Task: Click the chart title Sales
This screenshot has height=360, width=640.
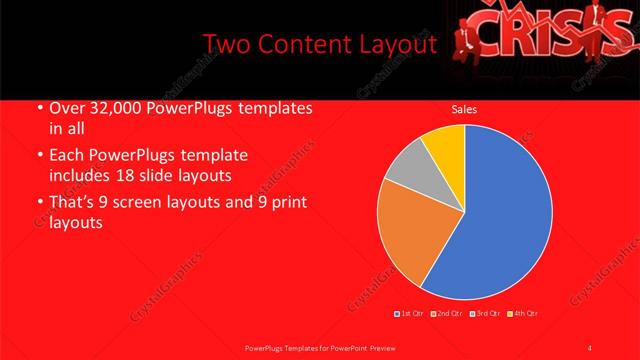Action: click(463, 108)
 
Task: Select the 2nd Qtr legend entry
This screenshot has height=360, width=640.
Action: click(447, 314)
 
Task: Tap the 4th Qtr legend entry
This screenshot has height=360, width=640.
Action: click(522, 314)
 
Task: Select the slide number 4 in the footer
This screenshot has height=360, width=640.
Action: click(590, 347)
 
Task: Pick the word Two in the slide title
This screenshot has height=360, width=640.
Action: click(226, 45)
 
